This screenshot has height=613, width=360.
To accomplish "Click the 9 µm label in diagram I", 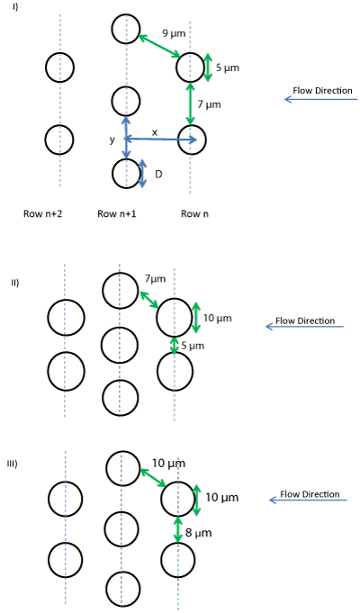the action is click(x=174, y=33).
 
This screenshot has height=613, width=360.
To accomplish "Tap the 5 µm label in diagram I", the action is click(x=228, y=68).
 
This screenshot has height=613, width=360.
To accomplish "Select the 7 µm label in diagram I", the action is click(x=209, y=104).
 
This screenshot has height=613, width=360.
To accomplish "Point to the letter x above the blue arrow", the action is click(x=155, y=132).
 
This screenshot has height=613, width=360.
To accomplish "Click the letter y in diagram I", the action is click(x=112, y=140).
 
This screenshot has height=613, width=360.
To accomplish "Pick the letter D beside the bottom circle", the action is click(x=158, y=175).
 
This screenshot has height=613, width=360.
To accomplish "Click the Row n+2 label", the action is click(x=42, y=213).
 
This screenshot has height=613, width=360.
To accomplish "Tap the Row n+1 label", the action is click(x=117, y=213).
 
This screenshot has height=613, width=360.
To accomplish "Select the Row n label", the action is click(x=194, y=214).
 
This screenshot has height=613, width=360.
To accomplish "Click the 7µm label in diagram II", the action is click(x=155, y=279).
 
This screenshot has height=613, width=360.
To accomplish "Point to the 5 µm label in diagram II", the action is click(x=193, y=346).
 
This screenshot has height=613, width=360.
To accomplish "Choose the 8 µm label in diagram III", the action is click(x=199, y=533).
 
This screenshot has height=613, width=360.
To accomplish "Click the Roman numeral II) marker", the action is click(x=15, y=283).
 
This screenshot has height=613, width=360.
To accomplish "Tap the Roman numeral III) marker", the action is click(x=13, y=464).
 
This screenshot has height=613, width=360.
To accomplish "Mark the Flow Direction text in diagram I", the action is click(x=322, y=90).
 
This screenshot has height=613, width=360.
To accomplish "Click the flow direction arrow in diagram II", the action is click(x=304, y=327).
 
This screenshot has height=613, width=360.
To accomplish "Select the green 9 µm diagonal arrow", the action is click(x=159, y=46).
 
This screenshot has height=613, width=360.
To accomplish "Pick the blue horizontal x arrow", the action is click(x=160, y=140).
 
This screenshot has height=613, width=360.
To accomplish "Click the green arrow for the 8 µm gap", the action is click(x=178, y=529).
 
